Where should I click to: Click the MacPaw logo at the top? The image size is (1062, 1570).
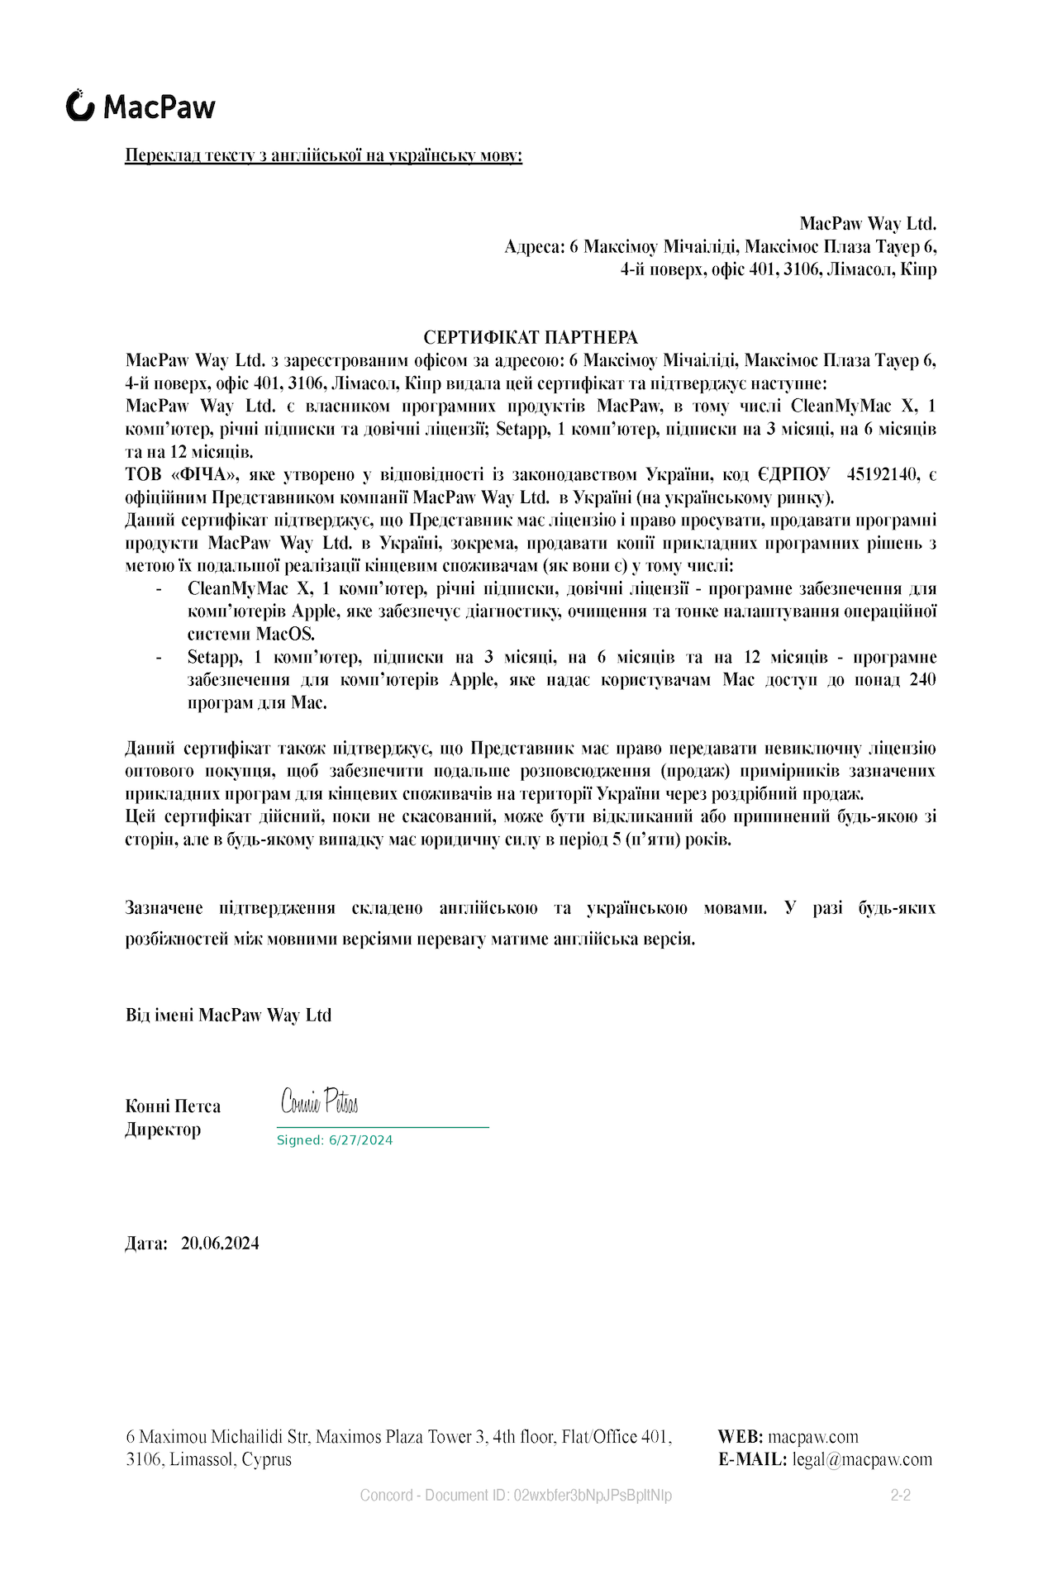(x=140, y=107)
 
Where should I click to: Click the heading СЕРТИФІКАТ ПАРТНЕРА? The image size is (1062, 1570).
(x=531, y=337)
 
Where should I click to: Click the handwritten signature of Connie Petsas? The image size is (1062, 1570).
(x=319, y=1101)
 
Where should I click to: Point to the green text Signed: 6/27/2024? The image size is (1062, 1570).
(x=335, y=1140)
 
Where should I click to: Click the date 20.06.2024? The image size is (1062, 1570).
(x=220, y=1244)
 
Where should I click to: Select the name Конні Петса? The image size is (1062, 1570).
(x=173, y=1106)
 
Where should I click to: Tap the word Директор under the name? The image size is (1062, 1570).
(x=163, y=1130)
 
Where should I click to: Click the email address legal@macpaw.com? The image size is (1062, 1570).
(x=862, y=1459)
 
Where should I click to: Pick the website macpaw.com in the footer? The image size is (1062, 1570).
(x=813, y=1437)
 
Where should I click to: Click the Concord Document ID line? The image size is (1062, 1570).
(x=516, y=1495)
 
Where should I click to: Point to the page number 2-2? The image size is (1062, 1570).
(x=900, y=1495)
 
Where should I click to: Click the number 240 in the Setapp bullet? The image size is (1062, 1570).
(x=922, y=680)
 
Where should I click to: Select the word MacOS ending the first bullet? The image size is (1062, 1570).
(x=285, y=635)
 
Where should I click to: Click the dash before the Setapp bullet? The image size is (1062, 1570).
(x=158, y=658)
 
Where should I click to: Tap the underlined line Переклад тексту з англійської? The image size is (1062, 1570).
(x=323, y=155)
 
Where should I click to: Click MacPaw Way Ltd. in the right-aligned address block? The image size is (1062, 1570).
(x=868, y=224)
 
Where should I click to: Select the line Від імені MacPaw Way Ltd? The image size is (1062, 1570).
(x=228, y=1016)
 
